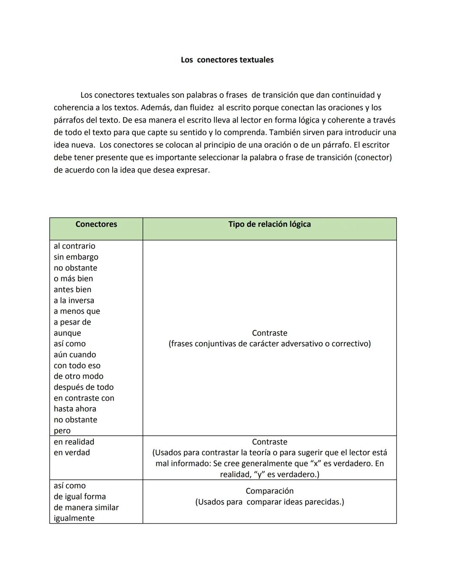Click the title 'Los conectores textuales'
227,60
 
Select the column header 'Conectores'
96,224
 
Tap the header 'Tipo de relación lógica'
269,224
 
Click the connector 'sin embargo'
76,257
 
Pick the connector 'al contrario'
74,246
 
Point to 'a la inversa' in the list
74,300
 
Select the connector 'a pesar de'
72,322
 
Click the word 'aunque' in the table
67,333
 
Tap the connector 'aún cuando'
75,355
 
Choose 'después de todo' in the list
84,387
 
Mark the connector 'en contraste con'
84,398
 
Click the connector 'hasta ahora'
75,409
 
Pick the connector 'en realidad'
74,442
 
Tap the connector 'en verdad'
72,453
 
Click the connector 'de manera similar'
86,508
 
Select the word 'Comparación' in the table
269,491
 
